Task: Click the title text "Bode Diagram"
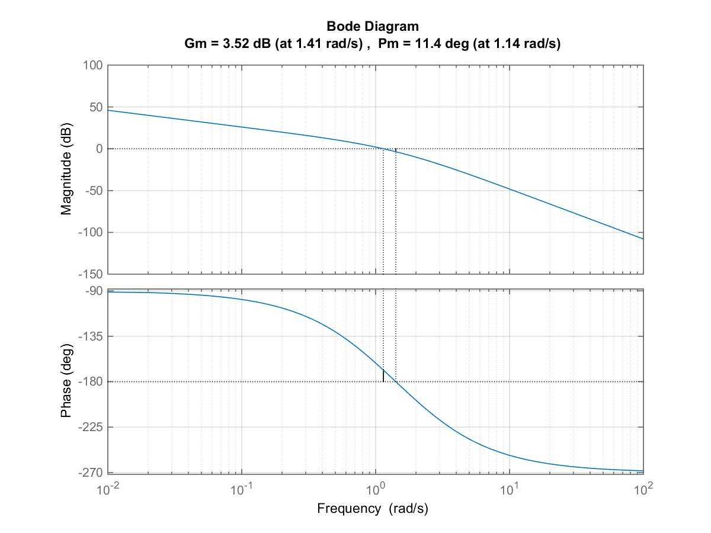point(373,27)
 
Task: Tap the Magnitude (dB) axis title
point(66,169)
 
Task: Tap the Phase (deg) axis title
point(66,381)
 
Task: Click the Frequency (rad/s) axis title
point(373,508)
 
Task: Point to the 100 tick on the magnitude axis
point(92,65)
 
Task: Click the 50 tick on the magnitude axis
point(95,107)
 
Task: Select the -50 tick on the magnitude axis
point(92,191)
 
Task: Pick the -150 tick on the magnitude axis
point(90,274)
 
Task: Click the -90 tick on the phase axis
point(94,291)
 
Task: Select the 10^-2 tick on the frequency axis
point(108,489)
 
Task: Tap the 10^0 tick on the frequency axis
point(376,489)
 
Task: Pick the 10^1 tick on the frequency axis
point(510,489)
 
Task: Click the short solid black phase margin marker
point(383,375)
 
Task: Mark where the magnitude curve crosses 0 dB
point(383,149)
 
